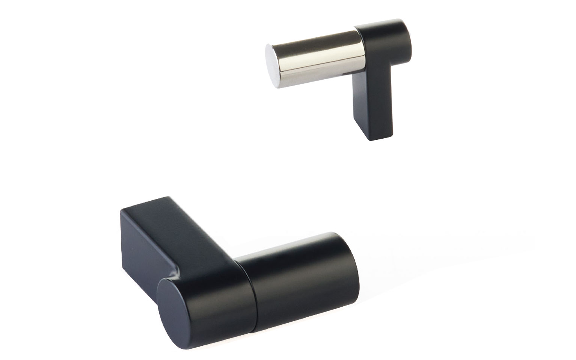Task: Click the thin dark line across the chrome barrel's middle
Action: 323,59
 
